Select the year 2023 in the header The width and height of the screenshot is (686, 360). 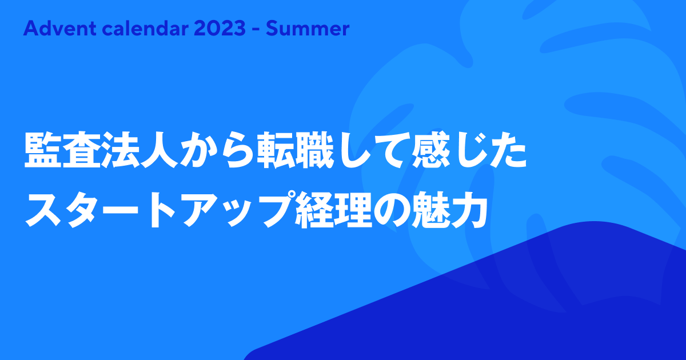point(220,29)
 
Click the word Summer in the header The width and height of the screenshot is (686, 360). point(308,29)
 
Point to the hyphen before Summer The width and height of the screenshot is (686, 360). point(256,30)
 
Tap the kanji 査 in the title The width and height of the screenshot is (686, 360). point(82,150)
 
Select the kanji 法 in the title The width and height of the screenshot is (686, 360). point(121,150)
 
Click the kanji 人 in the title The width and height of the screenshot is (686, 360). point(159,150)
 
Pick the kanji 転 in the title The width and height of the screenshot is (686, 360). point(276,150)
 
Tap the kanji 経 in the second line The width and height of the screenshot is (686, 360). point(314,210)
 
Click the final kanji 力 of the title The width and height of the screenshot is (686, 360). point(469,210)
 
